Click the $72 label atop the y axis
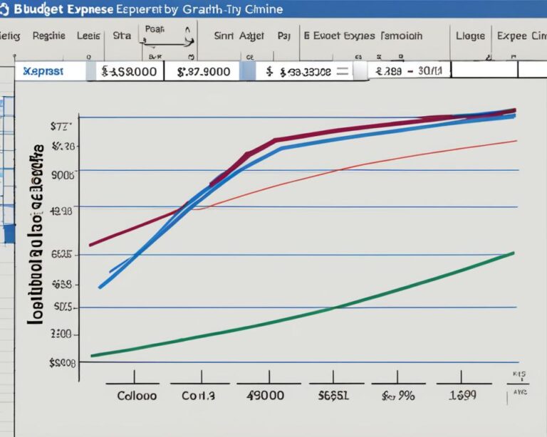point(63,126)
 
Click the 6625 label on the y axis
point(63,254)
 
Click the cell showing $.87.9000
point(203,71)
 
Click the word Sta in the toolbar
point(122,36)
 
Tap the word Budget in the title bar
point(43,9)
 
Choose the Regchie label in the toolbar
point(48,36)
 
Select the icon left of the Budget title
point(7,9)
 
